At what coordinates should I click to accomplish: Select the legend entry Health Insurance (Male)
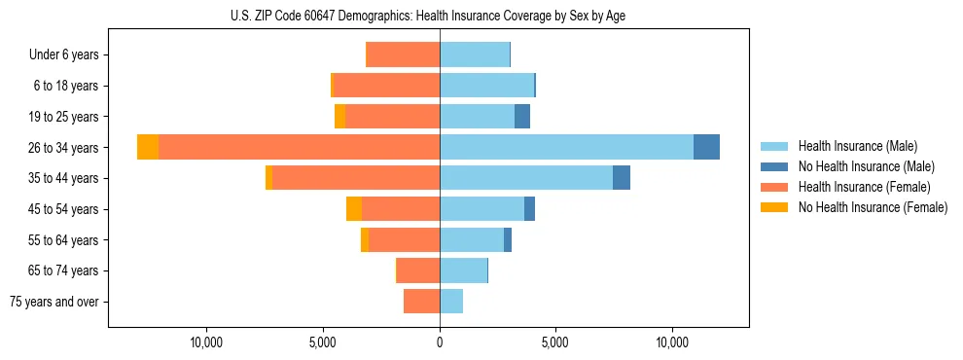(857, 146)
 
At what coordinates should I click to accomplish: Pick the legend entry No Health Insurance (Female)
(873, 207)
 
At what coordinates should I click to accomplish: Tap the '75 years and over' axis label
(54, 302)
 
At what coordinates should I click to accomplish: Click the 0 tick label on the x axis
(440, 342)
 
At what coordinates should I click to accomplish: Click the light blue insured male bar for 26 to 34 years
(566, 147)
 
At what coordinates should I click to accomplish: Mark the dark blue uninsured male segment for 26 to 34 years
(706, 147)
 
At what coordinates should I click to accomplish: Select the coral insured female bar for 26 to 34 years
(299, 147)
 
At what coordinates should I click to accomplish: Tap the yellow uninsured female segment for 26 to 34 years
(148, 147)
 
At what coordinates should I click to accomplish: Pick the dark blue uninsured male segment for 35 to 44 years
(622, 178)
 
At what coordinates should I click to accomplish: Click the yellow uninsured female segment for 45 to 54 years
(354, 209)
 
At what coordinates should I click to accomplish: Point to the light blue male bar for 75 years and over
(451, 302)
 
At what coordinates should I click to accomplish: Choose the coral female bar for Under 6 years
(403, 55)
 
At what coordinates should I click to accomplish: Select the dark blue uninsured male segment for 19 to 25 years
(522, 117)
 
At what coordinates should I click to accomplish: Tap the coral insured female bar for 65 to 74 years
(418, 270)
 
